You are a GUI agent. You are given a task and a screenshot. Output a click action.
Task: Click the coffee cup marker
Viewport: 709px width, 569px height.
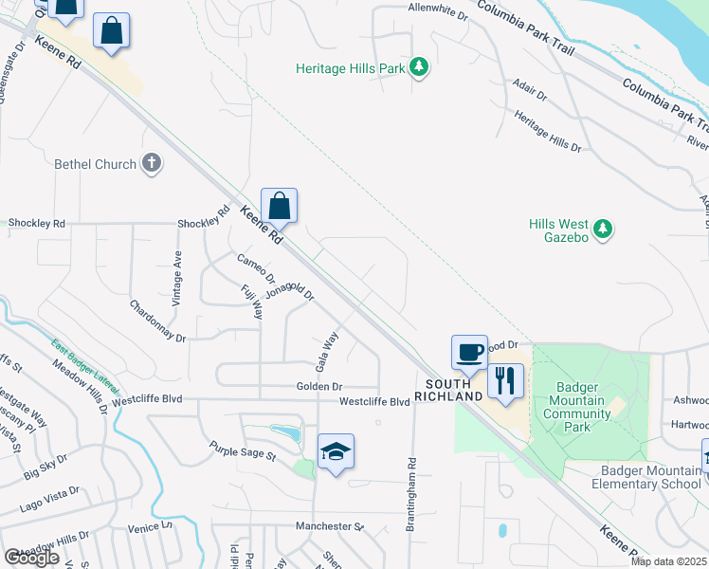[x=469, y=353]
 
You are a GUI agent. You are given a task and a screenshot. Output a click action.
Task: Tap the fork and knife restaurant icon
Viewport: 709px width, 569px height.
[x=505, y=381]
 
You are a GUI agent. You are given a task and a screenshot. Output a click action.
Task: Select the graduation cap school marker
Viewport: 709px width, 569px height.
[x=336, y=452]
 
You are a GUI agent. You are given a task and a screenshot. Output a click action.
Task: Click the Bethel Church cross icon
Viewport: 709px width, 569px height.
[x=151, y=164]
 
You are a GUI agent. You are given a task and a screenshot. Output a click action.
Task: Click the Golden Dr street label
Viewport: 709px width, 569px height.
[x=319, y=387]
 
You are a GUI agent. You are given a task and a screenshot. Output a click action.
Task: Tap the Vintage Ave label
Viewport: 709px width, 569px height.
[x=176, y=277]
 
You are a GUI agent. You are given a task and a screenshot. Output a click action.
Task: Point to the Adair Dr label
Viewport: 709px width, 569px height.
[x=529, y=90]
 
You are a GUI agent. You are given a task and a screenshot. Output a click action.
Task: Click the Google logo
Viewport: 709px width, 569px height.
[x=31, y=558]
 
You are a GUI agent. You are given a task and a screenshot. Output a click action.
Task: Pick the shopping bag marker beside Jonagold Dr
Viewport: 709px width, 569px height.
[x=280, y=206]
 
